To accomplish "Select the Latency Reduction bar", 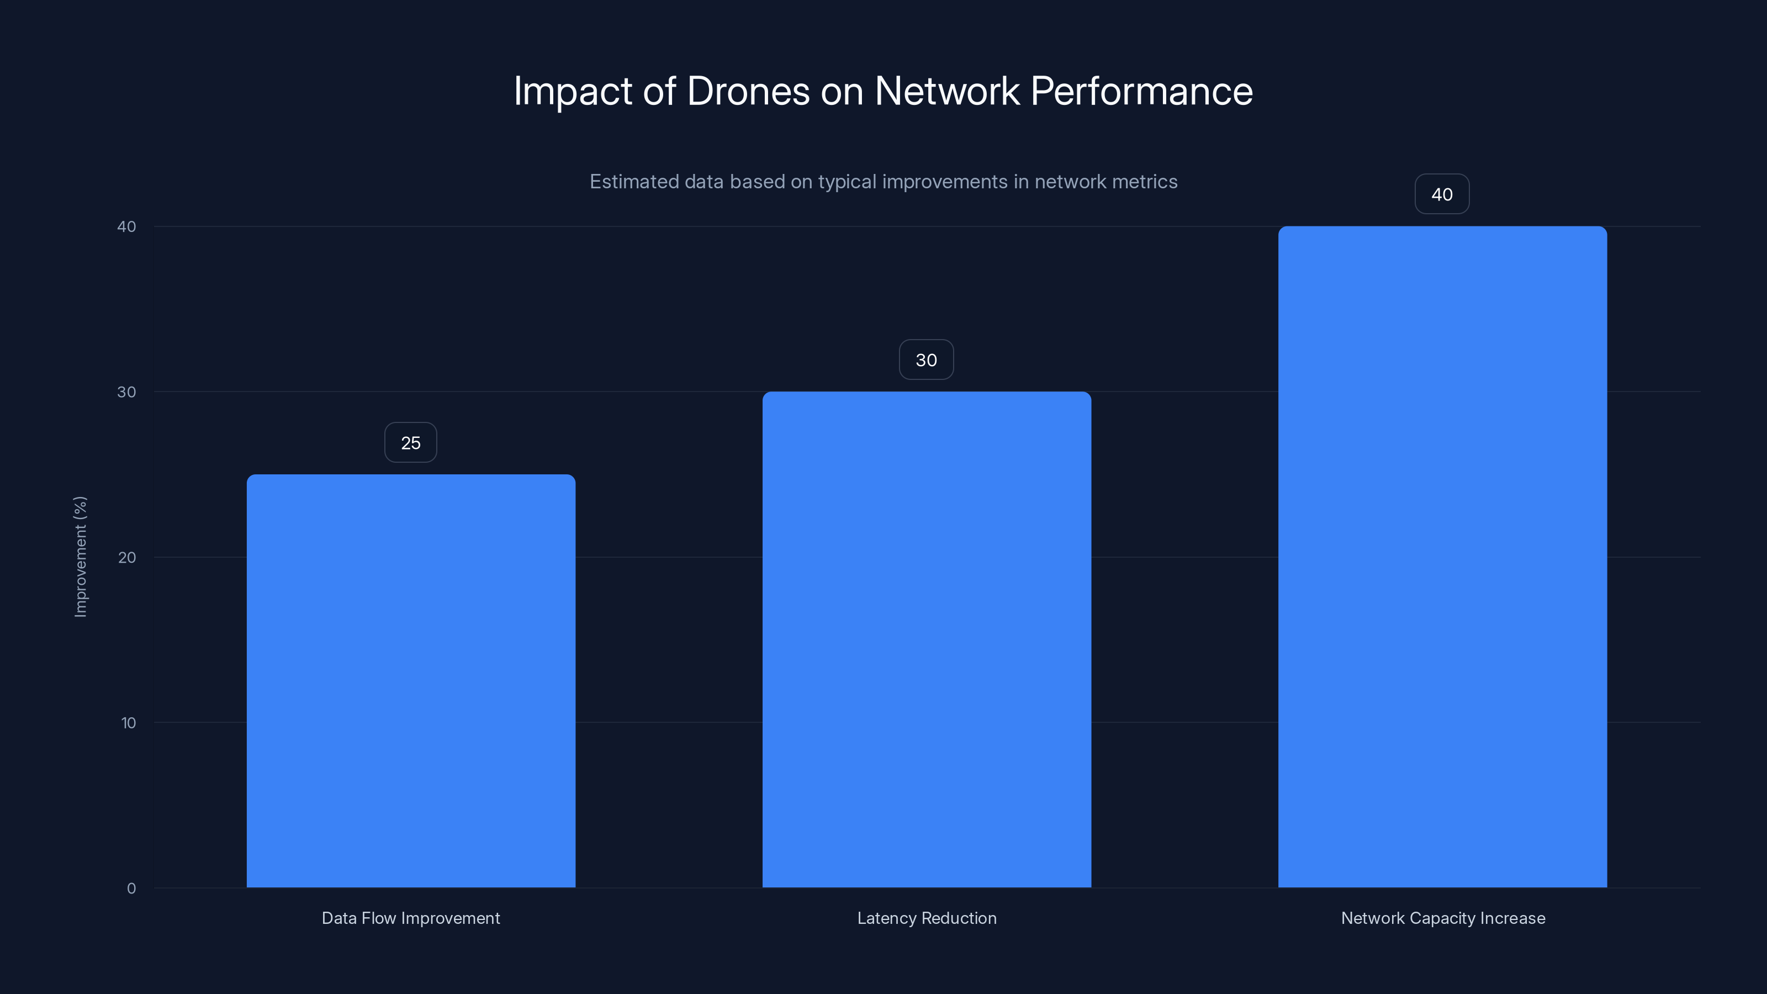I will tap(926, 639).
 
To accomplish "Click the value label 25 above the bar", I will tap(410, 443).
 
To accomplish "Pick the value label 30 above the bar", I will tap(926, 360).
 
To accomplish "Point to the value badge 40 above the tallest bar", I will tap(1442, 195).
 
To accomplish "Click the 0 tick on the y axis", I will tap(131, 889).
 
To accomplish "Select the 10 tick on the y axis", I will tap(128, 723).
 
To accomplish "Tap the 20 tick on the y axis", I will tap(127, 558).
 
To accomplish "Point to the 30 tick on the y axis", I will tap(127, 393).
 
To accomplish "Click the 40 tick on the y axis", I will tap(127, 227).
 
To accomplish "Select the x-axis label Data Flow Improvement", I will tap(411, 918).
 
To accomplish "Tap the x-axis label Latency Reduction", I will tap(927, 918).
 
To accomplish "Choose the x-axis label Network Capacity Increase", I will tap(1442, 918).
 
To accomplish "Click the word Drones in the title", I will tap(748, 91).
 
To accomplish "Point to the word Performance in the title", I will tap(1141, 91).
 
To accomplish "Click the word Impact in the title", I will tap(573, 91).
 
